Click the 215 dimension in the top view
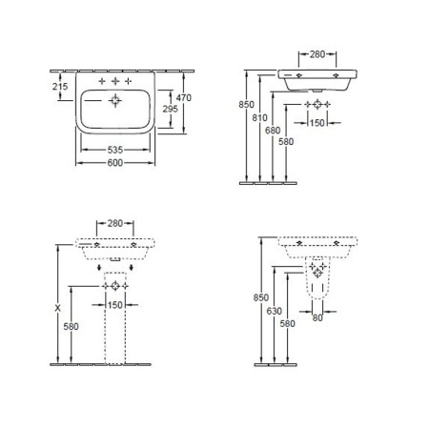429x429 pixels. pos(60,86)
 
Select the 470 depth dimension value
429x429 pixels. pos(184,97)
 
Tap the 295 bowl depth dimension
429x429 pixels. pos(171,109)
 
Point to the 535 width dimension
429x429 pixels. pos(115,150)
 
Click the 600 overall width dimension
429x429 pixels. pos(115,163)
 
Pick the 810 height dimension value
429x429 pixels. pos(259,118)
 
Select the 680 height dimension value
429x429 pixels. pos(273,131)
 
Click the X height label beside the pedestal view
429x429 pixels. pos(57,308)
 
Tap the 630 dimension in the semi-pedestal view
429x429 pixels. pos(275,311)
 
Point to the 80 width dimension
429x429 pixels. pos(317,317)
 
